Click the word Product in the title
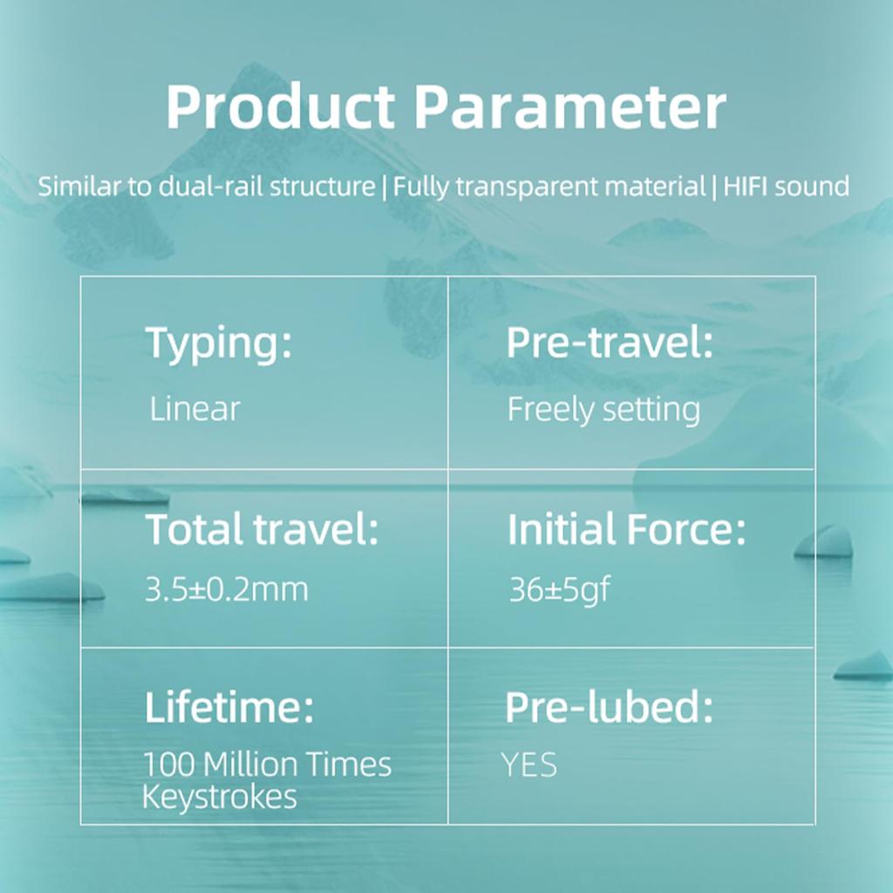point(280,107)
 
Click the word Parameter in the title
point(569,107)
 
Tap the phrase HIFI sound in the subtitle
point(786,187)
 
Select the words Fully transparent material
point(549,187)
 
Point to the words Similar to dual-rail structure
point(206,187)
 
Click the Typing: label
point(219,344)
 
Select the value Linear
point(194,409)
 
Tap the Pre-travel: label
point(610,343)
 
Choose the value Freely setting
point(603,410)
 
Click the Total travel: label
point(262,529)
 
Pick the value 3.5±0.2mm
point(227,589)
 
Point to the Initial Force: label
point(626,529)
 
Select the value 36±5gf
point(559,590)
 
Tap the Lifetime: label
point(229,706)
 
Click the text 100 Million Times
point(267,764)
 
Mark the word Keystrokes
point(220,797)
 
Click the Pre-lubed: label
point(609,706)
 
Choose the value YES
point(529,765)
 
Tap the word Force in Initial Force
point(685,529)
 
